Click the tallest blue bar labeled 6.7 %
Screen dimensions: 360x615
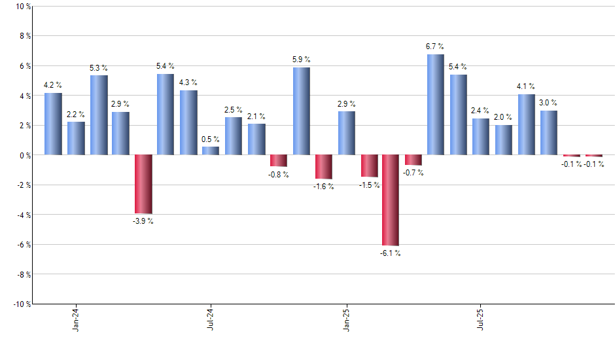pos(436,105)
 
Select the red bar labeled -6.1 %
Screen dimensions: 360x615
pos(391,200)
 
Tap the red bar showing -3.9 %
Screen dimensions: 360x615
pos(143,184)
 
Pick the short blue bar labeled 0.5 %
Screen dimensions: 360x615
pos(211,151)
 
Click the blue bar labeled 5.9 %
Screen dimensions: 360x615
pos(301,111)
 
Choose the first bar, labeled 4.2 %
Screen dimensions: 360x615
pos(53,124)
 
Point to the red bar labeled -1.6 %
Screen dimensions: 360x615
pos(323,167)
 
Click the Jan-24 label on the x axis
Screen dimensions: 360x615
pos(76,318)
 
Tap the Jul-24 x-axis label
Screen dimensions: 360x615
pos(211,318)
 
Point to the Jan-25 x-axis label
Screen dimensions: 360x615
pos(346,318)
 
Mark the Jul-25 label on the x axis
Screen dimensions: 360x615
pos(481,318)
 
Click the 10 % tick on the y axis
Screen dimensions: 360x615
pos(22,7)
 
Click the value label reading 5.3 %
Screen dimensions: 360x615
pos(99,68)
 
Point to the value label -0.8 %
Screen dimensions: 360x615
pos(279,175)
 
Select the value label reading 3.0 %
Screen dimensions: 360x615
pos(548,103)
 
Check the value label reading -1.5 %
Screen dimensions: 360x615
pos(368,185)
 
